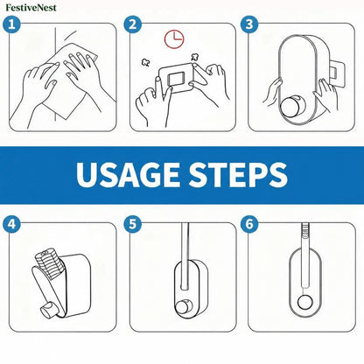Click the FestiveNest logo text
click(31, 8)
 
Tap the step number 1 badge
click(12, 24)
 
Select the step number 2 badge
click(132, 24)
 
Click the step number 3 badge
click(249, 24)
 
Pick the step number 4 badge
click(12, 224)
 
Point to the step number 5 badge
click(132, 224)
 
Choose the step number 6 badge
click(249, 224)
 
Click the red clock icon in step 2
click(174, 38)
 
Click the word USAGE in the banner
click(128, 174)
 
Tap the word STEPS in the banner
click(238, 174)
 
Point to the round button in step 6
click(305, 302)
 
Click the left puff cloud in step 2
click(144, 62)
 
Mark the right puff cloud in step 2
click(194, 57)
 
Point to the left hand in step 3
click(272, 92)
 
